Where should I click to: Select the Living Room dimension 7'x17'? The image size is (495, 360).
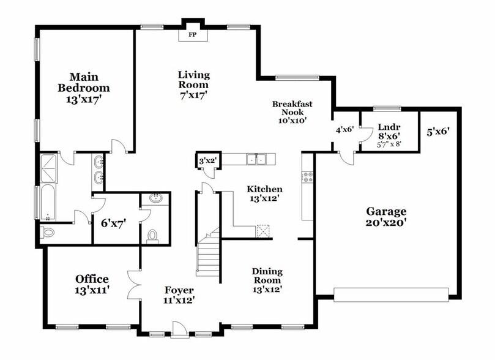pos(193,96)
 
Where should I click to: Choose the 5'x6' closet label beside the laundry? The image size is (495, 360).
pos(439,131)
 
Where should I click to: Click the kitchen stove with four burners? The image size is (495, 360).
pos(308,177)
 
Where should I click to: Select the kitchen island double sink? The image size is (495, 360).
pos(256,159)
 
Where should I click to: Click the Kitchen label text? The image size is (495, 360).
pos(264,189)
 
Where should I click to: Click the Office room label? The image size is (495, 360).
pos(92,279)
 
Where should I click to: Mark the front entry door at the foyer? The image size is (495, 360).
pos(181,332)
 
